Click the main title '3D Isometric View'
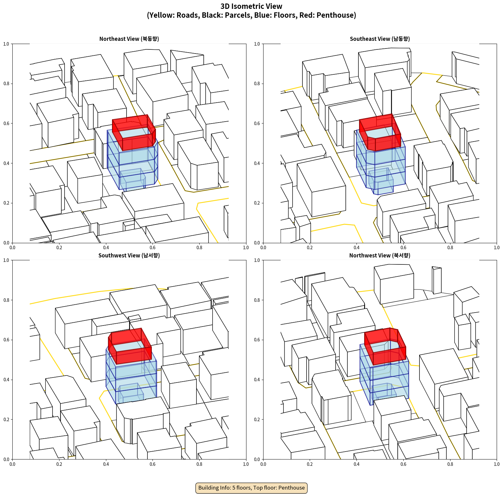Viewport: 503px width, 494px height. click(x=251, y=6)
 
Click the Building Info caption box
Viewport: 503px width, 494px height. click(x=251, y=488)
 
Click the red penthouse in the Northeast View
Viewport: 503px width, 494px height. click(x=134, y=132)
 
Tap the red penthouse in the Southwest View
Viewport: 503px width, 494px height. click(x=130, y=346)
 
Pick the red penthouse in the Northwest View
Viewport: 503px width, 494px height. click(x=385, y=346)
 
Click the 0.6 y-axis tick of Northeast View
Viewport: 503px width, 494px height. click(x=6, y=123)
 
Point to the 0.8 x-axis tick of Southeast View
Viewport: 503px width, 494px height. click(x=450, y=248)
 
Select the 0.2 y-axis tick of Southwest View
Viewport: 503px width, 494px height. click(x=6, y=420)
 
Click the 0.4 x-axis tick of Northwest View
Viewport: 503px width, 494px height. click(x=357, y=464)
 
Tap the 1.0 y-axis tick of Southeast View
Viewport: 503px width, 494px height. click(x=257, y=44)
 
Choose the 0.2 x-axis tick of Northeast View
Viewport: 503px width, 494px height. click(x=59, y=248)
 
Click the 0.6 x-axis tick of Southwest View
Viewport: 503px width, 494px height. click(x=152, y=464)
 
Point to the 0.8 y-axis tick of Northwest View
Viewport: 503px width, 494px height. click(x=257, y=300)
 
